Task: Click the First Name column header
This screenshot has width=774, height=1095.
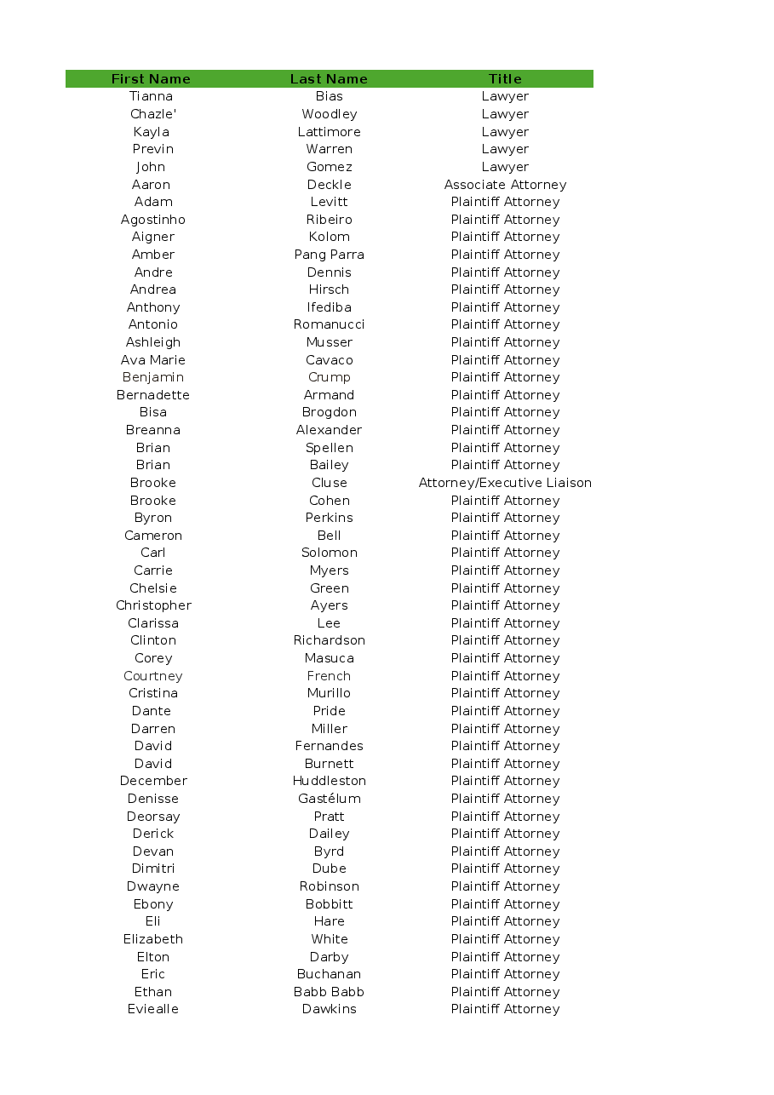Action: pos(151,79)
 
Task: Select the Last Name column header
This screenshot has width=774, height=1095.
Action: pos(329,79)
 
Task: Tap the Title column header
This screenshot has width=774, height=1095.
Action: pos(505,79)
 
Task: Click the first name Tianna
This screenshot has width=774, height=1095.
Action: pos(152,96)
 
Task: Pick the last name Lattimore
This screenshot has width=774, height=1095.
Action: pos(329,132)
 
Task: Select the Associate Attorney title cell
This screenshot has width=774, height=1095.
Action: pos(505,185)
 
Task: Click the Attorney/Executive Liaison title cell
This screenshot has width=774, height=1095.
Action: pos(505,483)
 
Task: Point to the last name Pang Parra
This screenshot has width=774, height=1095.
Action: pos(329,255)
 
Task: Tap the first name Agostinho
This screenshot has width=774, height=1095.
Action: pos(153,220)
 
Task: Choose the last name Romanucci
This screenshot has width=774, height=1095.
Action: pos(329,324)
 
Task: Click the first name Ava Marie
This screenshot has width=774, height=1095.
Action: pos(153,360)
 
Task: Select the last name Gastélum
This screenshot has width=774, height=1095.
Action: pos(329,799)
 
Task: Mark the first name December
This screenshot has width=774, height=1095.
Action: pos(153,781)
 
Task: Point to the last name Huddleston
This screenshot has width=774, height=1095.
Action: pos(329,781)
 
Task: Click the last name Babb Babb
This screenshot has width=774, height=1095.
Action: pos(329,992)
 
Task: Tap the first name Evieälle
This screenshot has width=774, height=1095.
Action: pos(153,1009)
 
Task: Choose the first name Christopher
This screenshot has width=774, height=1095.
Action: pos(153,605)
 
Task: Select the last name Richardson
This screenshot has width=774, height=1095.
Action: pos(329,640)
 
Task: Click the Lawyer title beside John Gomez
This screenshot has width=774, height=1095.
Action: pos(505,167)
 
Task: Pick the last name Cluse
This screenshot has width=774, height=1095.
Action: pos(329,483)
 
